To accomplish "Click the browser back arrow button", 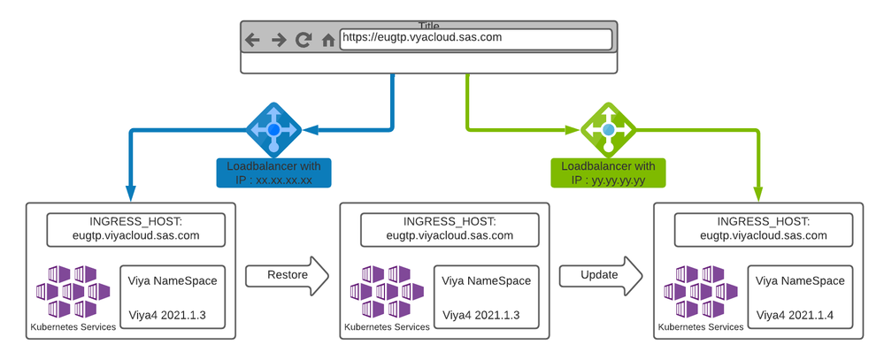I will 252,40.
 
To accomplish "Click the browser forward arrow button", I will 278,40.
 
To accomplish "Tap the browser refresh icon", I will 304,40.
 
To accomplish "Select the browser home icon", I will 328,40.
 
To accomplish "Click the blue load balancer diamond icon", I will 273,130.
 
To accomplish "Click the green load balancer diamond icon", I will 608,130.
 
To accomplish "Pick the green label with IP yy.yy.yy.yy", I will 608,173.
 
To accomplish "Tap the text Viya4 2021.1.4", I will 795,315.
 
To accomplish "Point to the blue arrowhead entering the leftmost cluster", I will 131,194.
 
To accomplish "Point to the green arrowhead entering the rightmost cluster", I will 758,194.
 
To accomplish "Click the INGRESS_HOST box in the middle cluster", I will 443,228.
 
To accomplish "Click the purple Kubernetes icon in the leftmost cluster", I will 73,291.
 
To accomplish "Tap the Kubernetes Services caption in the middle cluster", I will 386,327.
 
